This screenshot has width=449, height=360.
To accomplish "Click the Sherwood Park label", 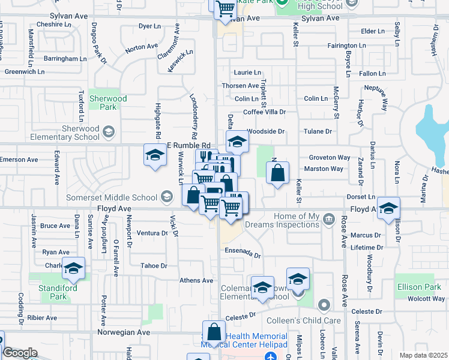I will pos(108,103).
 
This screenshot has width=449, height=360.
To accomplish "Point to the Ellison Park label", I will pos(419,287).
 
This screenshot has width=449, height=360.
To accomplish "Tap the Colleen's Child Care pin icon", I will pos(324,306).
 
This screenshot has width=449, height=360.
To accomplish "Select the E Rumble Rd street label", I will pos(188,145).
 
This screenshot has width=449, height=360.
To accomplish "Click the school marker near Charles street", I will pos(74,269).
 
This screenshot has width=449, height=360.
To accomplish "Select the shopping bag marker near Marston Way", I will pos(277,174).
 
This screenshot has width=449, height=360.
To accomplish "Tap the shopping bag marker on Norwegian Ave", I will pos(214,332).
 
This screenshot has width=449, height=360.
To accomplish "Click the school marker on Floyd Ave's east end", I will pos(388,208).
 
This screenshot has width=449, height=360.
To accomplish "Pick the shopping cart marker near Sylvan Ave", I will pos(225,9).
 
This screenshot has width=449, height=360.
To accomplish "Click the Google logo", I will pos(19,353).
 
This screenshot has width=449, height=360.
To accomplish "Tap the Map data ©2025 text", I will pos(423,355).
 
